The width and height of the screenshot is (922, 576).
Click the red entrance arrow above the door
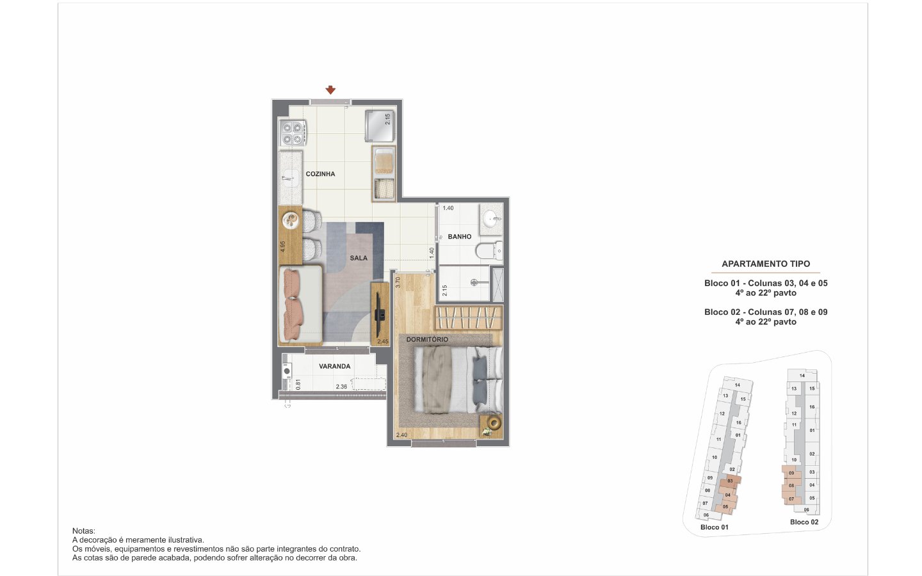330,90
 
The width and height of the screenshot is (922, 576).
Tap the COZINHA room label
320,174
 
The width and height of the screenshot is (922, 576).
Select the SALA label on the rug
359,258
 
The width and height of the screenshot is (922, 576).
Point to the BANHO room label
459,237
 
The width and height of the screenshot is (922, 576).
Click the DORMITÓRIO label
427,339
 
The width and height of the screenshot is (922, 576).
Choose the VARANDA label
335,366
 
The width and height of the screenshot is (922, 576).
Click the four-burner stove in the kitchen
293,133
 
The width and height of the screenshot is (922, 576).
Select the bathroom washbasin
492,219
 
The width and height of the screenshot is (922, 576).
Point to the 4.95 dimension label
282,246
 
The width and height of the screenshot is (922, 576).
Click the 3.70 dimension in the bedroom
398,282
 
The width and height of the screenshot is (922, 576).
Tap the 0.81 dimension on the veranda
298,384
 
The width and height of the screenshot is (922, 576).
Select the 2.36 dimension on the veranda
341,387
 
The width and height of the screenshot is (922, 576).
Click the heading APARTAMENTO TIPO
766,264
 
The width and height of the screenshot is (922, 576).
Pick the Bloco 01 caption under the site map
714,527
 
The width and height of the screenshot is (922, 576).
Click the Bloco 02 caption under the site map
804,522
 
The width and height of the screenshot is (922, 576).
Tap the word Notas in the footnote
83,531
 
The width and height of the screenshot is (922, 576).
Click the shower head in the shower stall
474,283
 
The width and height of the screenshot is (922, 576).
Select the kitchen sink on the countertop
290,179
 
